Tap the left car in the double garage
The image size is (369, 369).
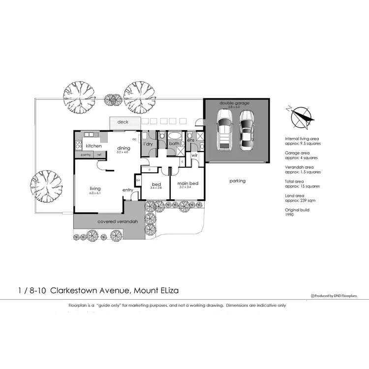pos(224,130)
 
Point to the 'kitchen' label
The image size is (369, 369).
pos(93,146)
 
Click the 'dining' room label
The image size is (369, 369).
pos(123,148)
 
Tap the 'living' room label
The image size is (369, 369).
pos(94,188)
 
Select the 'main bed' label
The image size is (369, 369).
pos(188,184)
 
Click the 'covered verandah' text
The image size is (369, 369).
pos(117,222)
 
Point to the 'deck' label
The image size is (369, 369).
pos(123,122)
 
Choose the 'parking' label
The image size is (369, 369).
pos(237,181)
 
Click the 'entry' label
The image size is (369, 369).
pos(128,190)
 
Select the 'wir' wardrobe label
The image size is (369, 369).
pos(194,155)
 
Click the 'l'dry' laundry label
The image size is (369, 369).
pos(148,144)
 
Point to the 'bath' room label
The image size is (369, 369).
pos(174,144)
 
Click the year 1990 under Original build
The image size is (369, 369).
pos(290,215)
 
